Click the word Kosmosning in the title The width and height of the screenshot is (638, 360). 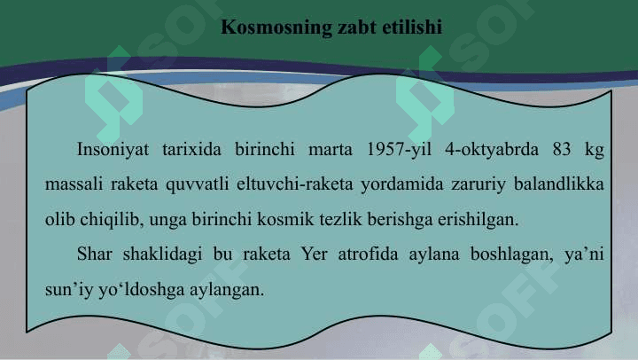click(x=276, y=27)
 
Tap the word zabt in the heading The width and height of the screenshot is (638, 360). click(x=357, y=27)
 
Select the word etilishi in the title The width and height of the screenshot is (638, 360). click(x=412, y=27)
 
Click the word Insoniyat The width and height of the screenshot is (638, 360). click(x=113, y=150)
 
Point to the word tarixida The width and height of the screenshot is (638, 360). click(x=191, y=149)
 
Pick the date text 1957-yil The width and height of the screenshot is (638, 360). click(x=399, y=150)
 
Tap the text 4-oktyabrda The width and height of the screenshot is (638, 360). click(x=492, y=150)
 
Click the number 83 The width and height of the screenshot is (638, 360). click(x=562, y=149)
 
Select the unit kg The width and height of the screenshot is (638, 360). click(x=594, y=150)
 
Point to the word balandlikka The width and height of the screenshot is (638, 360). click(x=558, y=184)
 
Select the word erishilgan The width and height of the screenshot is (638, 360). click(x=478, y=220)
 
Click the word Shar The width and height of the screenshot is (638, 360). click(x=95, y=254)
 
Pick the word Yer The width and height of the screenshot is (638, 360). click(x=314, y=254)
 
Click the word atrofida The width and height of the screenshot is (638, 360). click(x=368, y=254)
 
